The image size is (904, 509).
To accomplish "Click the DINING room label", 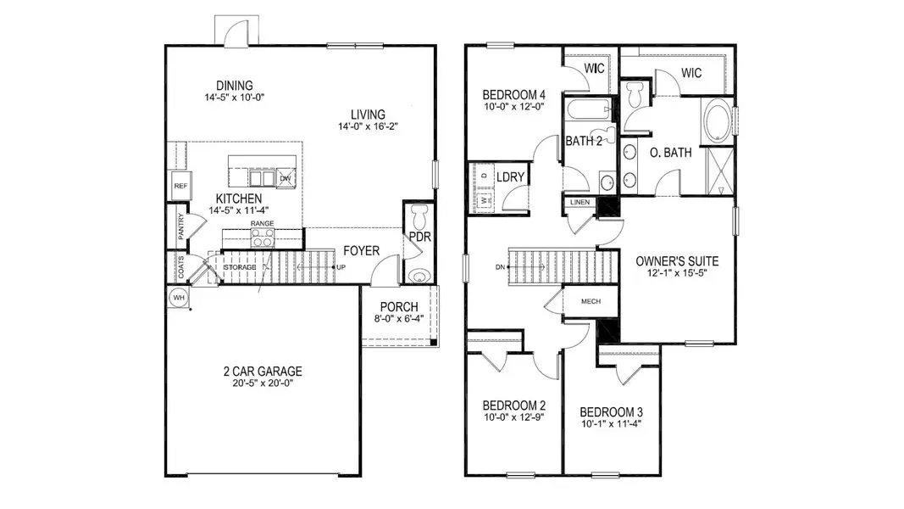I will point(234,85).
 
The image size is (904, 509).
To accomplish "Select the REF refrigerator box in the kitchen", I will point(180,185).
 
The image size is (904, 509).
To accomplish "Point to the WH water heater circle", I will point(179,298).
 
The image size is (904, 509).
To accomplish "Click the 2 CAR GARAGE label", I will point(262,371).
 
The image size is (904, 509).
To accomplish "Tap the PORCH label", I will point(398,306).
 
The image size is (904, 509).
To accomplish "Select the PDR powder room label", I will point(419,238).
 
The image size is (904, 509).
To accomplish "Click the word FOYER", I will point(360,251).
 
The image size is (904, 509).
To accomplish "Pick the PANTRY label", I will point(180,227).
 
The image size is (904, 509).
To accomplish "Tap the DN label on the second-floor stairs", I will point(500,267).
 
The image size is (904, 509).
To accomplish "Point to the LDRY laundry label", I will point(512,176).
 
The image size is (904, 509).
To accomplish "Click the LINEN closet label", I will point(580,203).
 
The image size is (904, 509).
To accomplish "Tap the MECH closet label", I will point(591,302).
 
